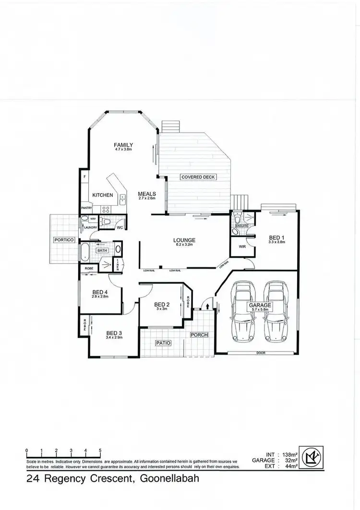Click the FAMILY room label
tap(123, 145)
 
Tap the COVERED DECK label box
tap(198, 177)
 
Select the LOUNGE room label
tap(184, 240)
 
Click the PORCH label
tap(199, 335)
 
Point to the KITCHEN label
tap(103, 195)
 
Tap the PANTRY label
tap(86, 208)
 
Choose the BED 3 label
tap(115, 333)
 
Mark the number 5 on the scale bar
tap(100, 451)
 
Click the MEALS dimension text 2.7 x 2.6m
tap(147, 198)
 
